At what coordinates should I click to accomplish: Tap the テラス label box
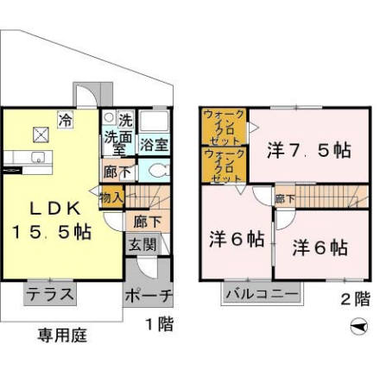pyautogui.click(x=48, y=293)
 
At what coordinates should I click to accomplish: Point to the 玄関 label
pyautogui.click(x=143, y=245)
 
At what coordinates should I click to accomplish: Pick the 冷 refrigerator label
pyautogui.click(x=65, y=120)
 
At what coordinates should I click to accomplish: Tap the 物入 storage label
pyautogui.click(x=112, y=197)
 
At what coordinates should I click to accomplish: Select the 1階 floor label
pyautogui.click(x=158, y=325)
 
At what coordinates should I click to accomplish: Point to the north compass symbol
pyautogui.click(x=359, y=327)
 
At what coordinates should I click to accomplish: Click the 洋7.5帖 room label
pyautogui.click(x=308, y=149)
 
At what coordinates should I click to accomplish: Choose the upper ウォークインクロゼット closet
pyautogui.click(x=225, y=126)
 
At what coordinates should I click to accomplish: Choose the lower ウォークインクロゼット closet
pyautogui.click(x=225, y=165)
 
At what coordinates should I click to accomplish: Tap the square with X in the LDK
pyautogui.click(x=41, y=134)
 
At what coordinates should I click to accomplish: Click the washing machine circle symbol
pyautogui.click(x=109, y=117)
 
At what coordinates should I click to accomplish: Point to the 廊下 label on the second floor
pyautogui.click(x=284, y=198)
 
